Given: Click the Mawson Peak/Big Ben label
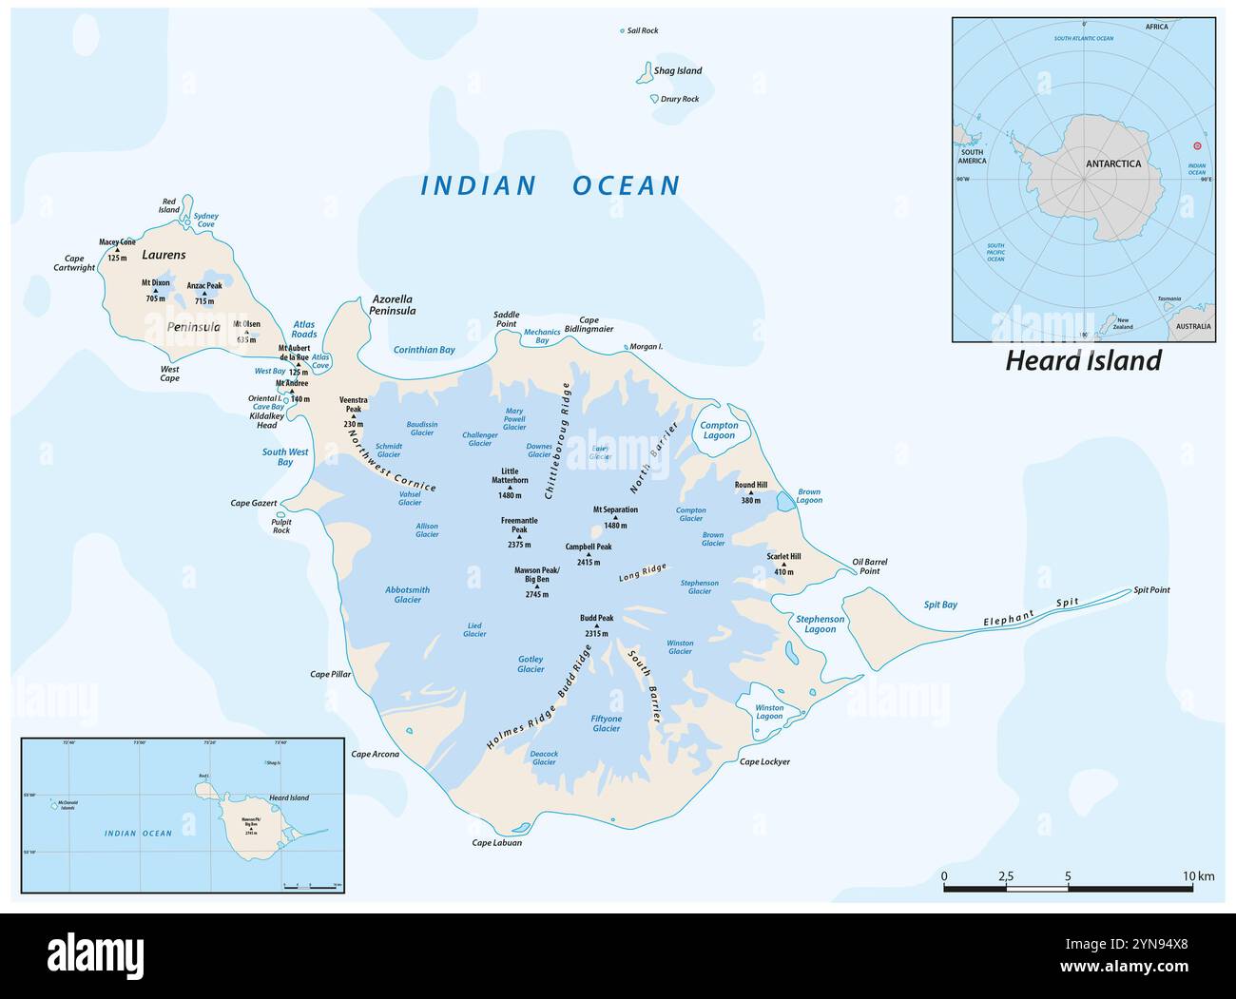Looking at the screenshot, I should (x=537, y=575).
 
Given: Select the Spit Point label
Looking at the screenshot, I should (x=1151, y=590).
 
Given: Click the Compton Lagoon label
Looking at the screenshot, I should (x=719, y=431).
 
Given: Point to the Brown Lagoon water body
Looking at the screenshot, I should (x=784, y=501).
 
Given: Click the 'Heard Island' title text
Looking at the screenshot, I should (x=1084, y=361).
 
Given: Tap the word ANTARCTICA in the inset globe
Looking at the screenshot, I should (x=1113, y=163).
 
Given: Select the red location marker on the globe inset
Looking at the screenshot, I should (x=1197, y=146).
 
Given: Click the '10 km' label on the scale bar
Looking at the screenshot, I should (x=1199, y=875).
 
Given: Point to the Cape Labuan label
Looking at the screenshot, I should (x=497, y=843).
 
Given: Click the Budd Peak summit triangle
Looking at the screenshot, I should (x=597, y=625).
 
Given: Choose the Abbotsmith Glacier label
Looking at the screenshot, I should (x=408, y=594).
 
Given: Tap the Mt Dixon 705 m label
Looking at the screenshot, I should (x=156, y=290).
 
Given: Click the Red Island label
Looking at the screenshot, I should (x=169, y=205).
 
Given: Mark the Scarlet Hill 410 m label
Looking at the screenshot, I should (x=784, y=565).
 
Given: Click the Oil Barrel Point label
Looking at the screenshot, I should (x=869, y=566).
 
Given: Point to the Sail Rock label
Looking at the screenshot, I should (x=643, y=30).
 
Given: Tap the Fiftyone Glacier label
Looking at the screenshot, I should (x=607, y=723).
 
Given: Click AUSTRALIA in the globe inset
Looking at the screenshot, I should (x=1193, y=326).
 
